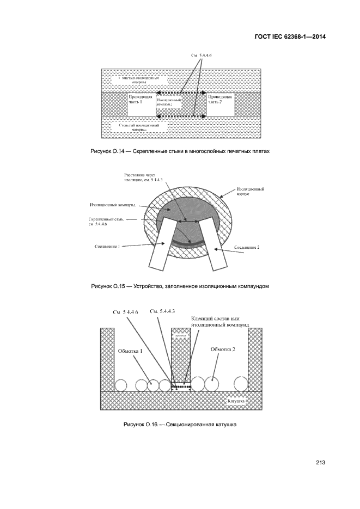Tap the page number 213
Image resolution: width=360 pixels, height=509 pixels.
tap(320, 463)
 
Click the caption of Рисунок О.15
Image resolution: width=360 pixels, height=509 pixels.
tap(180, 285)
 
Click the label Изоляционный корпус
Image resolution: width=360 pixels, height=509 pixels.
tap(251, 191)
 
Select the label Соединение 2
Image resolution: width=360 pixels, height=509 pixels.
tap(247, 247)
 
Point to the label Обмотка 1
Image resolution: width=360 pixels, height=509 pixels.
tap(130, 351)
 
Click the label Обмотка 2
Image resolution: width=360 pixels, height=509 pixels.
tap(223, 349)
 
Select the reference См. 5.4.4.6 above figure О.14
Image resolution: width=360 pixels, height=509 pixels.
tap(202, 56)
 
